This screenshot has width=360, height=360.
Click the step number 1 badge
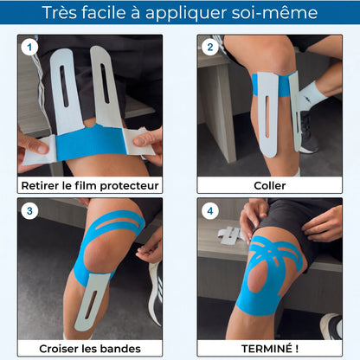click(31, 48)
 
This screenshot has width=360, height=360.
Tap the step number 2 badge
click(210, 48)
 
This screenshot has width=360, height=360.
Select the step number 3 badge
click(31, 211)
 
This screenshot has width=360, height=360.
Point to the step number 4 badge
click(210, 211)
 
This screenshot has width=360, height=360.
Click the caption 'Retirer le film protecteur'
click(90, 185)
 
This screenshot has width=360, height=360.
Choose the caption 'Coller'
click(269, 185)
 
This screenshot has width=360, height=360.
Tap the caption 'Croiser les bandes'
click(90, 348)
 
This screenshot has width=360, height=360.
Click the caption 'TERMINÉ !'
click(269, 348)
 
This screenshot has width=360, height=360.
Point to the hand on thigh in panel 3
click(149, 247)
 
